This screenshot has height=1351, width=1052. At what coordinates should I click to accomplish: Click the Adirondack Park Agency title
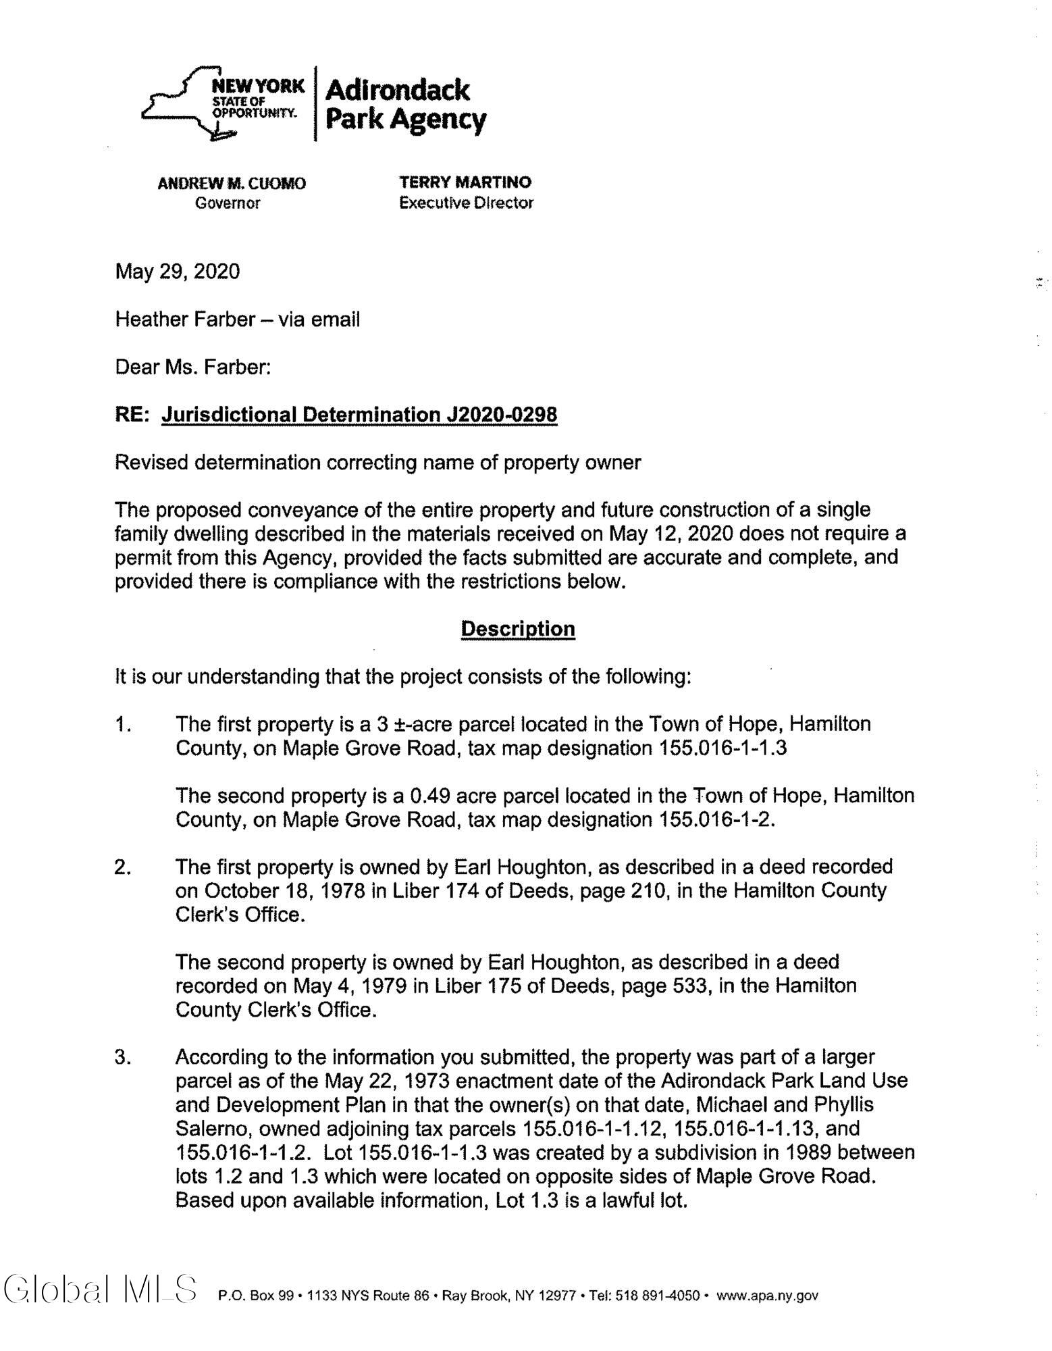(x=405, y=105)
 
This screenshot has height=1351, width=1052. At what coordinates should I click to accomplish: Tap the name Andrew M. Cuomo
(x=232, y=183)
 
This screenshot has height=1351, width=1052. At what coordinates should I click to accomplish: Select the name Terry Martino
(x=465, y=182)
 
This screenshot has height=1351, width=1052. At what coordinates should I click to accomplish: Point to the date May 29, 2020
(x=178, y=272)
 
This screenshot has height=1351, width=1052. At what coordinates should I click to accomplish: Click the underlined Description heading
(x=517, y=629)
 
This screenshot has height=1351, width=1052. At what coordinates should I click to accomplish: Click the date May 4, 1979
(x=349, y=986)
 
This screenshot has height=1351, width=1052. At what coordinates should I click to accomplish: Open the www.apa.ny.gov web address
(x=767, y=1296)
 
